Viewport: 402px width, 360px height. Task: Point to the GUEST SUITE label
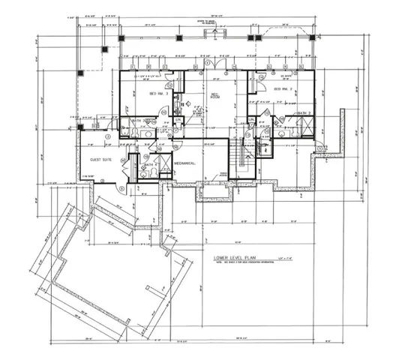tap(101, 160)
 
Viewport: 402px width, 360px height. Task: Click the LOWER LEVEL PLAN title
tap(237, 257)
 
